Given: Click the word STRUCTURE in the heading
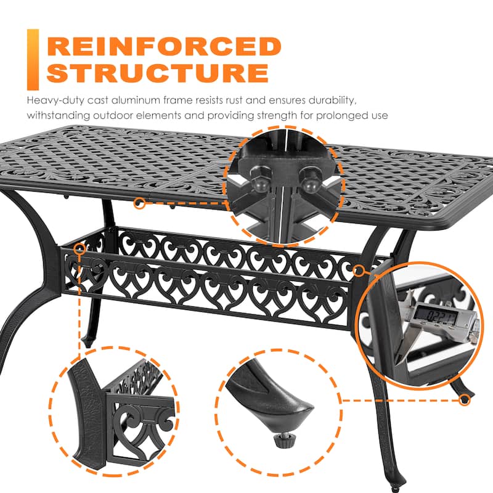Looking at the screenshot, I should pos(158,72).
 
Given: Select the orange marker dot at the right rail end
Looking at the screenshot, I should pos(361,269).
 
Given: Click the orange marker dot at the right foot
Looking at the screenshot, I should pos(465,400).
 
